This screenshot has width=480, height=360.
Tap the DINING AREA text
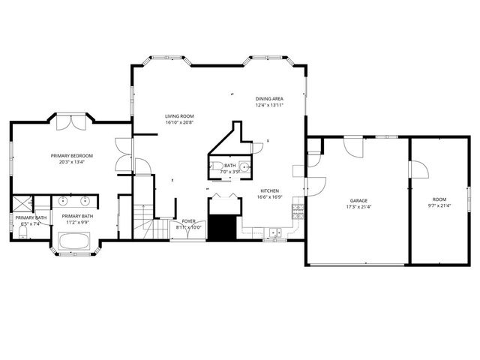[269, 98]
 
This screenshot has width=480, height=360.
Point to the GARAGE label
[358, 201]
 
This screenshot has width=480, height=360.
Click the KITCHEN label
[270, 191]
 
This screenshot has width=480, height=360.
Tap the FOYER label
[190, 221]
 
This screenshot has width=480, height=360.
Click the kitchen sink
[276, 233]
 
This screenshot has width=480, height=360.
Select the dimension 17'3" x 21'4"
[358, 207]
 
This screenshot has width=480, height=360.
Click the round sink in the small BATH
[244, 167]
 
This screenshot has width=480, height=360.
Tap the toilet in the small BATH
[214, 166]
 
